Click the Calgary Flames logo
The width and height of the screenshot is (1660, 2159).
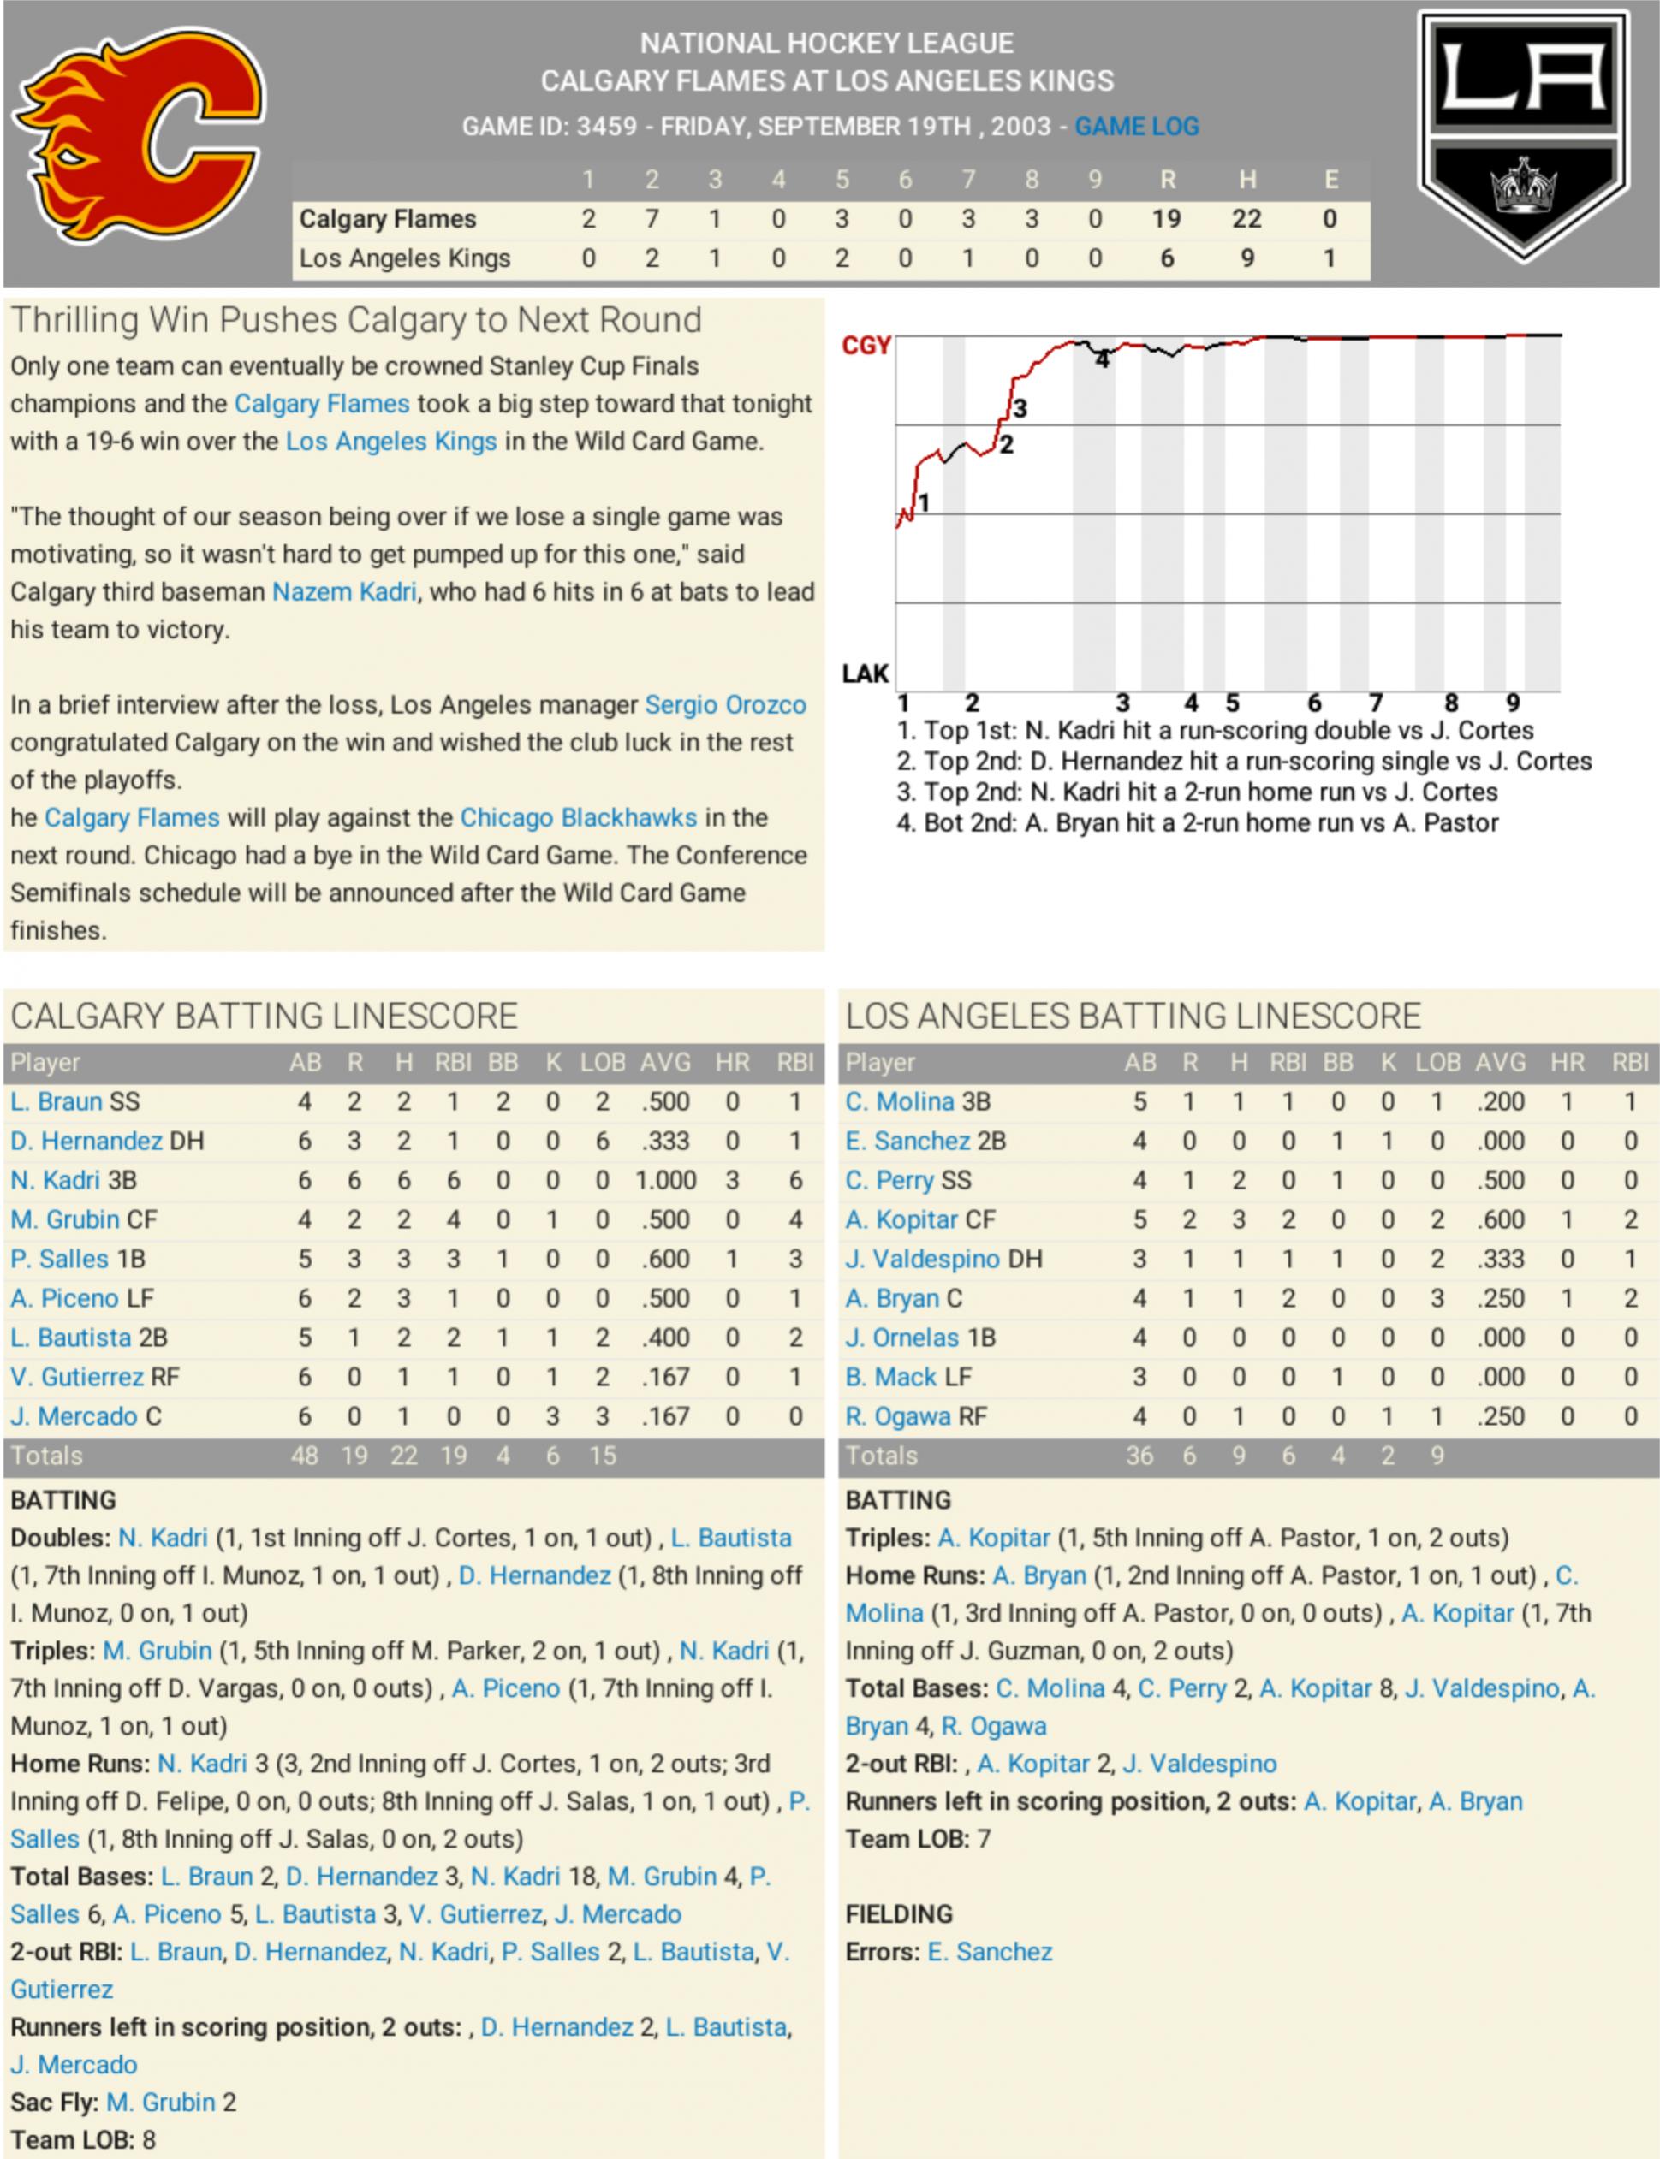point(139,136)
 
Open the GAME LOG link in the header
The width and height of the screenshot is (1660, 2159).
point(1136,127)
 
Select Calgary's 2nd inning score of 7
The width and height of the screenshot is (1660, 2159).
point(652,218)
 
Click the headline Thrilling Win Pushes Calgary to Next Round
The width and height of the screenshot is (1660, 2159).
point(356,320)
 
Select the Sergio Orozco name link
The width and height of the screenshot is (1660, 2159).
point(725,704)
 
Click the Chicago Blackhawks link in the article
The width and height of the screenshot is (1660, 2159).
point(578,818)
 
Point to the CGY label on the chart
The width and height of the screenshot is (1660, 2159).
point(866,346)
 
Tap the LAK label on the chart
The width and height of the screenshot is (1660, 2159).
point(866,673)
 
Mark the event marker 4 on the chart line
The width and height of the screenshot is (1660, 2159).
point(1102,360)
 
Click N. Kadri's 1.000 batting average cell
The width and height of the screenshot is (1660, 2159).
point(665,1180)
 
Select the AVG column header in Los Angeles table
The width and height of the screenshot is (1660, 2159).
point(1500,1063)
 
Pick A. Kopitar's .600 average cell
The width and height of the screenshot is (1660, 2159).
point(1500,1219)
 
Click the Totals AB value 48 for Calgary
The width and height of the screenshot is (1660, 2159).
point(304,1456)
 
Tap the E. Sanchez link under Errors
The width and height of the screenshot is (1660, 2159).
point(989,1952)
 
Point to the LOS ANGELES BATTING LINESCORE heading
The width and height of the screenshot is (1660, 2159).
point(1133,1017)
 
